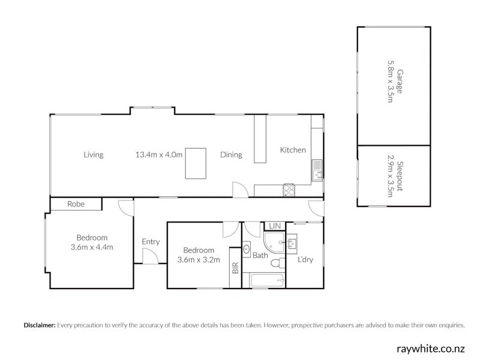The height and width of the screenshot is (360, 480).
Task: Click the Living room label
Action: click(94, 155)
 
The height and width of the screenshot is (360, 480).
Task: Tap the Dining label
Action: click(231, 155)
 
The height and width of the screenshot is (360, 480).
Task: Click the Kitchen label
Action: click(293, 150)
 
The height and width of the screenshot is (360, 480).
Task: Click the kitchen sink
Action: click(317, 170)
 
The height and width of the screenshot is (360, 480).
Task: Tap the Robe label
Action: click(76, 205)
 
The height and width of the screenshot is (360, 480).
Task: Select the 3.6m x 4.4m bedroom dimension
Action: click(92, 247)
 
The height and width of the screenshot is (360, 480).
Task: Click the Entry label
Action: click(151, 242)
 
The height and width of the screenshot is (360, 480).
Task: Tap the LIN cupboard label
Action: click(275, 226)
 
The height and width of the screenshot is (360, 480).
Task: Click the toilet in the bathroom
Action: click(278, 263)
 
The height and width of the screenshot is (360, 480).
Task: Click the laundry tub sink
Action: click(292, 244)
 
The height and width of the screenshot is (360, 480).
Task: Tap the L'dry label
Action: click(306, 260)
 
